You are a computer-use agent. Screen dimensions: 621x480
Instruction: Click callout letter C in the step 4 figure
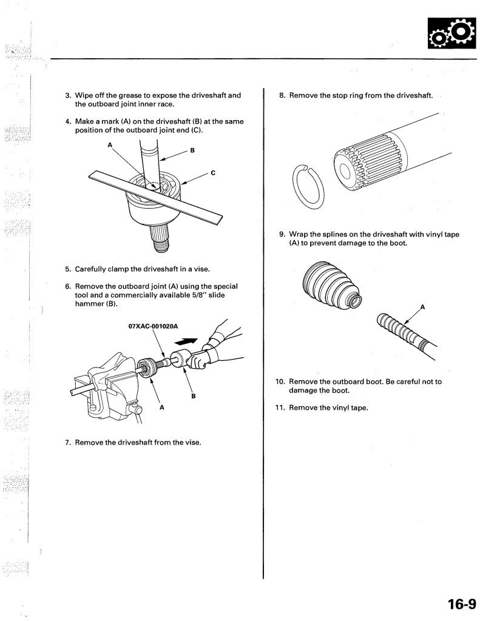(x=212, y=173)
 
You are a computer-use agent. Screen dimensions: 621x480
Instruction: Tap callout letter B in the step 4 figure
(x=192, y=150)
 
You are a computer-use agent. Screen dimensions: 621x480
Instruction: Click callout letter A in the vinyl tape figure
(x=423, y=307)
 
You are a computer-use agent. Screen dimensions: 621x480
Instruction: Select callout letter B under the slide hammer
(x=193, y=396)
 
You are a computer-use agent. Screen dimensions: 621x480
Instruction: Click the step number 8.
(x=282, y=96)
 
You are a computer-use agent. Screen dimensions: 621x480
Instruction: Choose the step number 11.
(x=280, y=408)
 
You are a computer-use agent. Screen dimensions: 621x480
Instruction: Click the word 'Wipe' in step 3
(x=84, y=95)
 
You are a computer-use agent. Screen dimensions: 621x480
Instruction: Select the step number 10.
(x=280, y=381)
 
